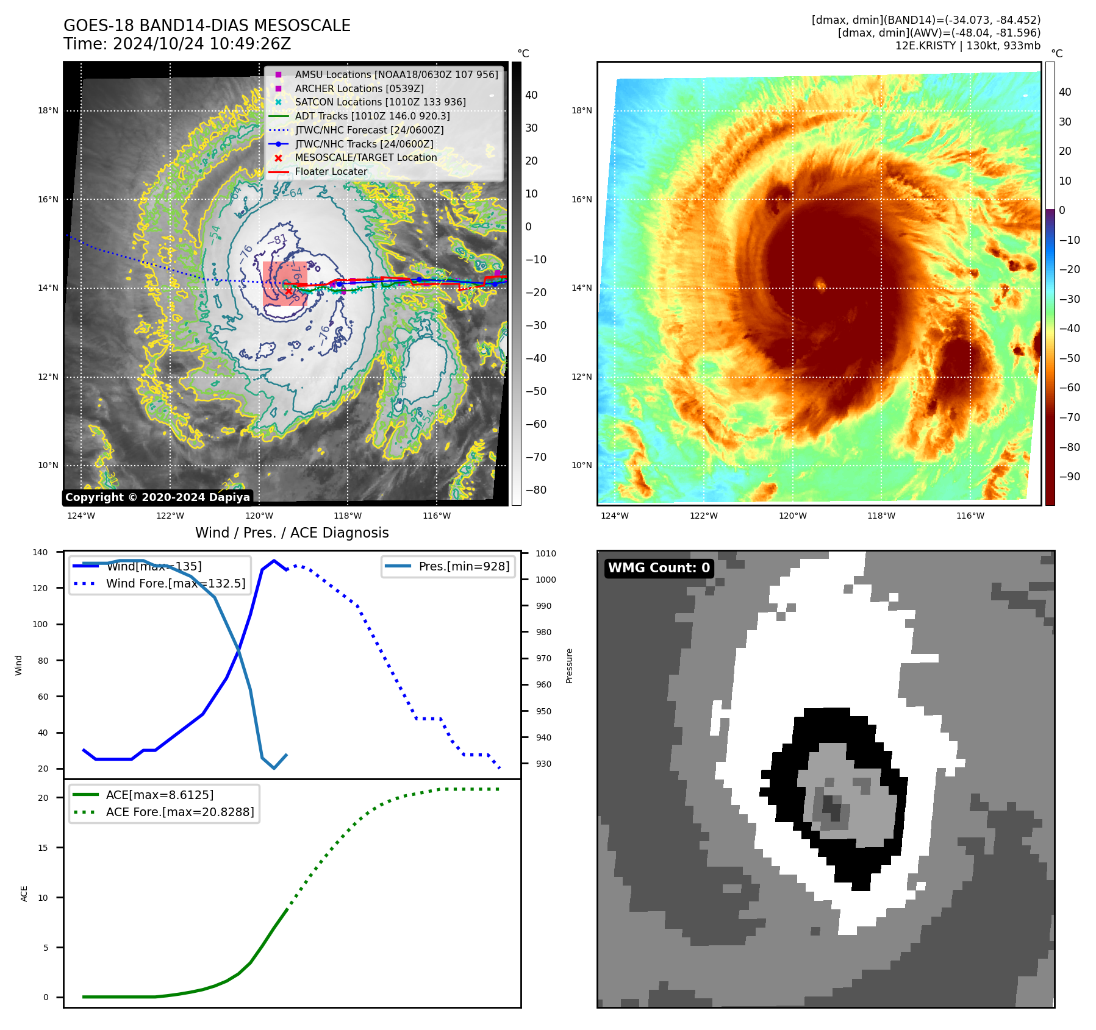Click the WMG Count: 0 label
coord(659,568)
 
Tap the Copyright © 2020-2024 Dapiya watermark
coord(157,497)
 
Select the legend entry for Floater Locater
coord(331,172)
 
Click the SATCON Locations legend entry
coord(380,102)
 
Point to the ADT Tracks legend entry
coord(372,116)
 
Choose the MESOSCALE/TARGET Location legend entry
coord(365,158)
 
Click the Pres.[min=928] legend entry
coord(464,566)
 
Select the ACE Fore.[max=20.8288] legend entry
coord(179,812)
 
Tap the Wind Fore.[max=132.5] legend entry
coord(176,583)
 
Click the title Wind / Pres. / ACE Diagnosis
coord(292,533)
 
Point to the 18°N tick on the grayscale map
coord(48,111)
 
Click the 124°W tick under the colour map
coord(614,516)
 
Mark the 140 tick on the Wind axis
coord(40,552)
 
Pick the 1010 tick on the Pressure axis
coord(546,553)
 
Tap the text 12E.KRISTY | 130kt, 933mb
coord(967,46)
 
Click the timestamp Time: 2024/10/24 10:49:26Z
coord(177,44)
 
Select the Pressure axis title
coord(569,666)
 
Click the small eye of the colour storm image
coord(820,284)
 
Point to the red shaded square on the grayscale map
coord(285,283)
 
